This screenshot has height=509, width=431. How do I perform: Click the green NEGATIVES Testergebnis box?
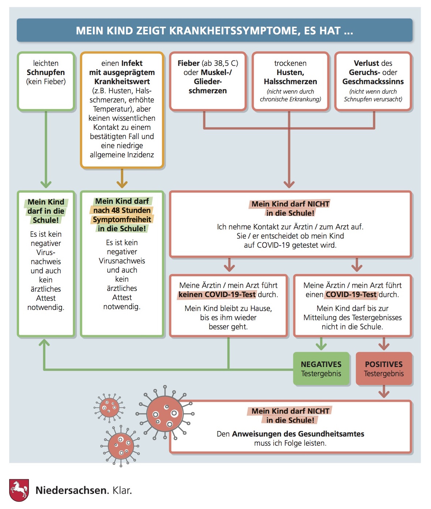tap(321, 368)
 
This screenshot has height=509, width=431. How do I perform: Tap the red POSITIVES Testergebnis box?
tap(384, 368)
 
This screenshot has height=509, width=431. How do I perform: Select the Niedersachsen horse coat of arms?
tap(19, 490)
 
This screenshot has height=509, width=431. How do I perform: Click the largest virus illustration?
tap(165, 413)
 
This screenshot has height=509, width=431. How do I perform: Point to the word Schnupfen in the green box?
tap(46, 72)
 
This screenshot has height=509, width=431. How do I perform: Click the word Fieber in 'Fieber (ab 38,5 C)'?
tap(189, 63)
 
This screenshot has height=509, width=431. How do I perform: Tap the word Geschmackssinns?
tap(373, 82)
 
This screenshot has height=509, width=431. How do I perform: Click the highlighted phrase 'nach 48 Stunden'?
tap(122, 210)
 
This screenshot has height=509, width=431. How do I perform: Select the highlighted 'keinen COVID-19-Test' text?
tap(217, 295)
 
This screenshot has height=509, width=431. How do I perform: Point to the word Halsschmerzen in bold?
tap(290, 82)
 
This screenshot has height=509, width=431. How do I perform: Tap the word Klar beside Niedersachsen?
tap(122, 490)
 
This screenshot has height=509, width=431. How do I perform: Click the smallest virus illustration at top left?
tap(109, 407)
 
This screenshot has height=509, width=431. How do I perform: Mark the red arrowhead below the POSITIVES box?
tap(384, 394)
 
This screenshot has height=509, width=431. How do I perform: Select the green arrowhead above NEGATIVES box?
tap(321, 345)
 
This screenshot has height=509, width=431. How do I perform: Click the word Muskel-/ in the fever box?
tap(216, 72)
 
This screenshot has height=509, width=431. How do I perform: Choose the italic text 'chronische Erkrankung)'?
tap(290, 99)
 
